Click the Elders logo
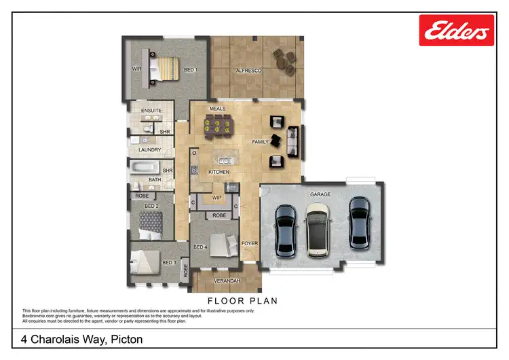coord(456,31)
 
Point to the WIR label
coord(136,69)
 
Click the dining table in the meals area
coord(218,124)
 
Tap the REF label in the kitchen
coord(231,186)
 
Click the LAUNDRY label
coord(149,149)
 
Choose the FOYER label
coord(250,241)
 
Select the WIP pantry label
coord(217,198)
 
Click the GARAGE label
coord(320,194)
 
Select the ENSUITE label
coord(151,110)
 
